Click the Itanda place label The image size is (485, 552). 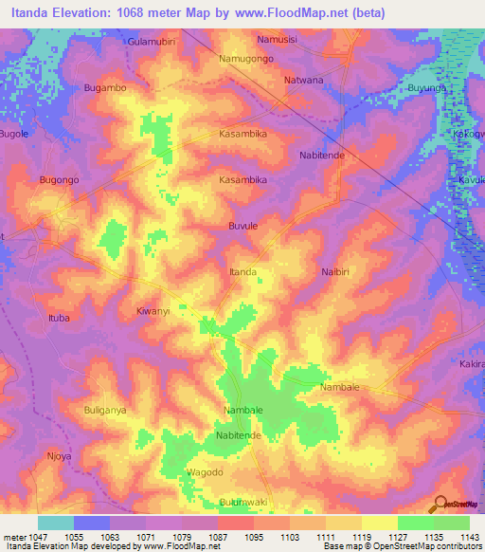(243, 272)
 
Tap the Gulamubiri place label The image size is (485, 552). (153, 43)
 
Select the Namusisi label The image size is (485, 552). (278, 39)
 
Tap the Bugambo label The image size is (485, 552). (105, 87)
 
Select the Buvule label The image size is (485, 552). (243, 226)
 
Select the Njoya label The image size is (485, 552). (60, 455)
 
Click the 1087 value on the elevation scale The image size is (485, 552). (218, 536)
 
